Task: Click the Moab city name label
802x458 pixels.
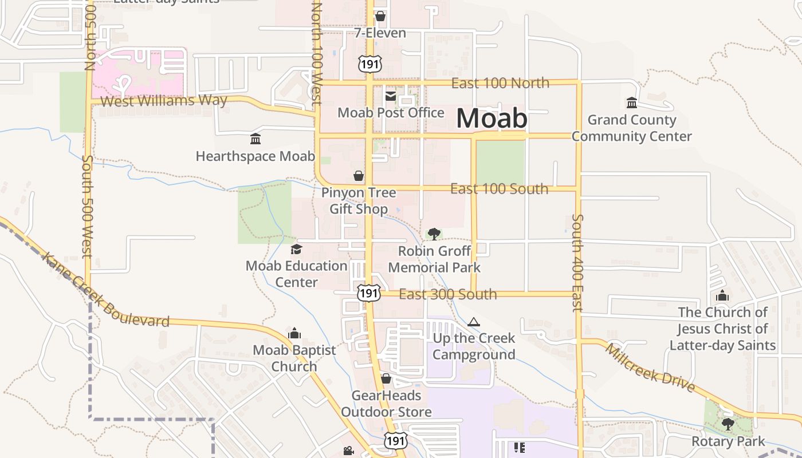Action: click(x=492, y=118)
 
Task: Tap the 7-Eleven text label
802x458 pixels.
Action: click(x=380, y=33)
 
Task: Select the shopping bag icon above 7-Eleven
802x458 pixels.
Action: click(x=380, y=16)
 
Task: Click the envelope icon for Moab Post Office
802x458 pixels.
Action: click(x=391, y=96)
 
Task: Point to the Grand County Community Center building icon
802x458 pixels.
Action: click(x=632, y=103)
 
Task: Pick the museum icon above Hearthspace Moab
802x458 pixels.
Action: click(x=255, y=139)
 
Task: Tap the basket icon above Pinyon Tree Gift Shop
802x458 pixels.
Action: click(x=359, y=176)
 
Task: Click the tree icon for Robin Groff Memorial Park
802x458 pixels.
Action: click(x=434, y=234)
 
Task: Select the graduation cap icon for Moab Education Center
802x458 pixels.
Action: click(x=296, y=249)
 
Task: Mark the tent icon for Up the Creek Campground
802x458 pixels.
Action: click(x=473, y=322)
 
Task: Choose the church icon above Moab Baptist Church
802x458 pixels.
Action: click(x=294, y=333)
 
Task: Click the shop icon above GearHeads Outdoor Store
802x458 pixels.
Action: click(x=386, y=378)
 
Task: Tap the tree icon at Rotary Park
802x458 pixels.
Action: click(x=728, y=424)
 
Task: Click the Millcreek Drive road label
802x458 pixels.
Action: click(x=650, y=368)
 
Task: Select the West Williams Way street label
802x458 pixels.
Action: click(x=163, y=101)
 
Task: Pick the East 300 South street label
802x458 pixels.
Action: click(x=448, y=294)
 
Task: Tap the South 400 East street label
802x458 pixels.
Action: click(x=577, y=263)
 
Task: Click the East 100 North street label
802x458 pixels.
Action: click(x=500, y=83)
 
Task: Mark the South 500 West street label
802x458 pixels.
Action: click(x=88, y=206)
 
